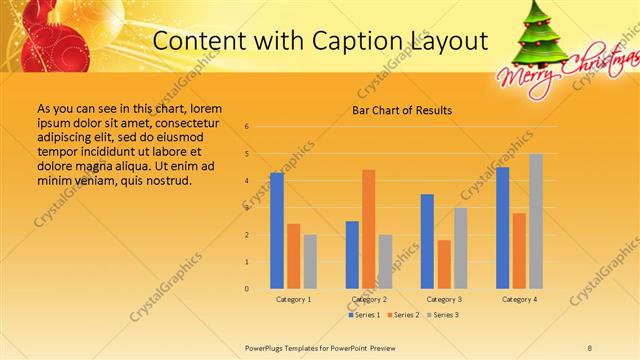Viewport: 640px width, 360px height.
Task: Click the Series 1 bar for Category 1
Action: pos(277,231)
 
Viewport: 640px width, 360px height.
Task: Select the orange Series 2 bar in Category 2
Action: pos(369,229)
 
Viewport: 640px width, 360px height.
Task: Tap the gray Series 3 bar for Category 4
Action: pos(536,221)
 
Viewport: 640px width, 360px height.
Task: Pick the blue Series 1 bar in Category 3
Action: pos(427,241)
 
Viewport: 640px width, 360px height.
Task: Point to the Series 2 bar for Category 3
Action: pos(444,264)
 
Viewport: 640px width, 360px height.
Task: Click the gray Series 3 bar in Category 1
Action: pos(310,261)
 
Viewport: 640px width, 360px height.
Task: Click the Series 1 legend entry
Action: pos(364,315)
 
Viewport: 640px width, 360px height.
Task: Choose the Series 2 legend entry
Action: pos(403,315)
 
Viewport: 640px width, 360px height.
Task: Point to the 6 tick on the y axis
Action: pos(247,127)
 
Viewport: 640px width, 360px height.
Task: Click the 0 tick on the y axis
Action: pos(247,288)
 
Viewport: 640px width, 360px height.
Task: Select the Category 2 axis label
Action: pos(369,299)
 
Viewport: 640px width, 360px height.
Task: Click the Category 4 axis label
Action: pos(519,299)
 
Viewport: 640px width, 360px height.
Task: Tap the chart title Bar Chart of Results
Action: pos(402,110)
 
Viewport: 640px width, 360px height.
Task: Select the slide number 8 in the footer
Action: pos(590,347)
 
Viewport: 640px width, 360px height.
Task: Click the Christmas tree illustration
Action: pos(542,34)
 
